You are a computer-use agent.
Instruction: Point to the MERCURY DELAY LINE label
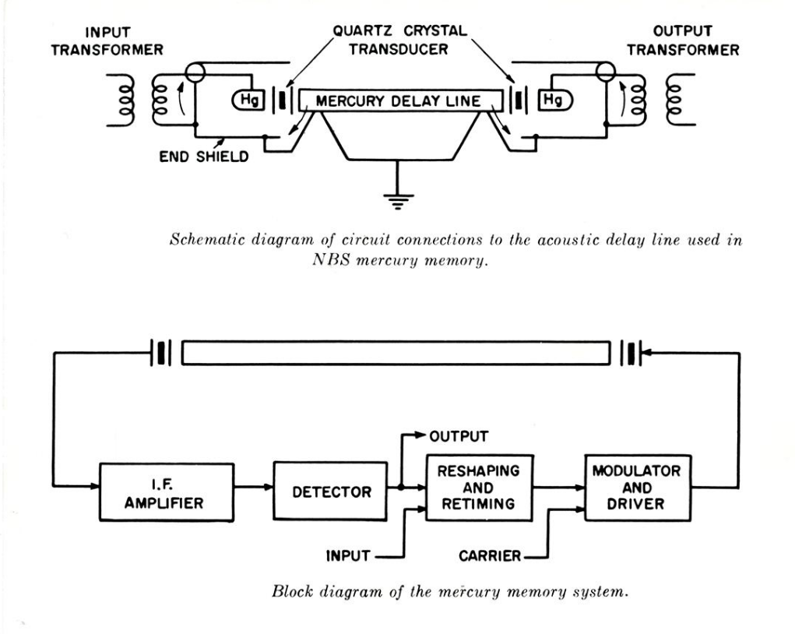[398, 101]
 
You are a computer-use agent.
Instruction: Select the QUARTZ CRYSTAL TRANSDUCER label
[398, 39]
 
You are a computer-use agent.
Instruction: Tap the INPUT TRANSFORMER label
[113, 41]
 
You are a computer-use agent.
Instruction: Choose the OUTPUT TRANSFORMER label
[683, 41]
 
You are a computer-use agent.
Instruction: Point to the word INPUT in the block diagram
[346, 556]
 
